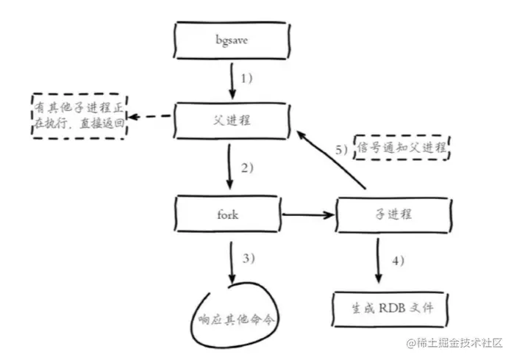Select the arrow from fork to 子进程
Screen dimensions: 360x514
(308, 215)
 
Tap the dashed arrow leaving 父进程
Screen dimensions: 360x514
(153, 118)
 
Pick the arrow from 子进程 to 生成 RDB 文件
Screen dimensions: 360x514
(379, 260)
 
